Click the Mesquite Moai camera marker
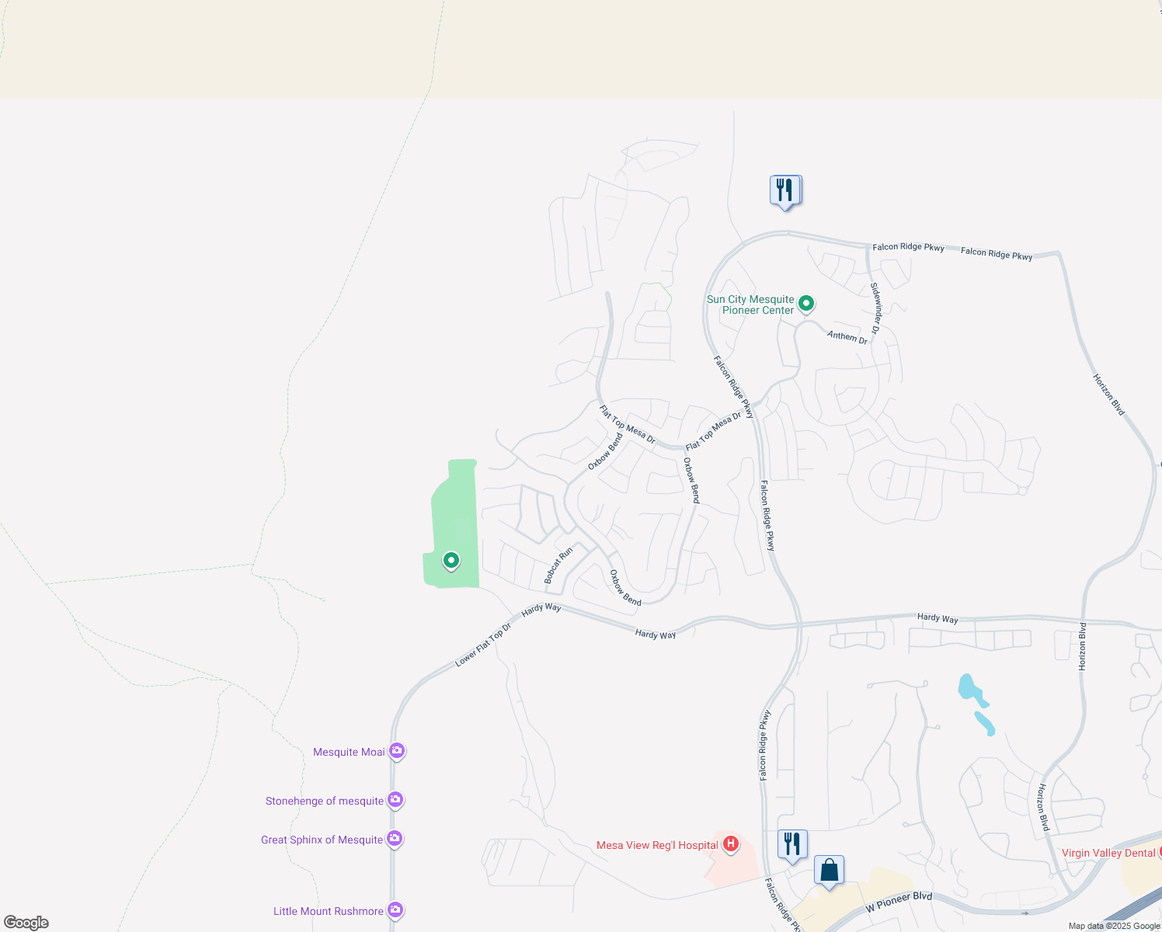click(x=397, y=751)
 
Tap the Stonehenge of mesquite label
click(x=325, y=801)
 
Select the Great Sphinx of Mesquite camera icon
click(x=395, y=838)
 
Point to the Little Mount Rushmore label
click(x=329, y=911)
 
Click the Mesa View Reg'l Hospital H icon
click(x=730, y=843)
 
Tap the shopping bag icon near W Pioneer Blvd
click(x=829, y=871)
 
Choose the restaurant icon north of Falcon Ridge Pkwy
click(x=785, y=190)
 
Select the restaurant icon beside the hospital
click(x=792, y=844)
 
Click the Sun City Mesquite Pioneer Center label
click(x=750, y=304)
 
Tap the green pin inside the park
click(x=451, y=560)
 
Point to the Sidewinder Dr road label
click(x=875, y=308)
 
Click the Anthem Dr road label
click(x=847, y=337)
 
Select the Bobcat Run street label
click(x=558, y=565)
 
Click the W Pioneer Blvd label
click(x=899, y=902)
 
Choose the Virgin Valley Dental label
click(x=1108, y=853)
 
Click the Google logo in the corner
click(x=26, y=923)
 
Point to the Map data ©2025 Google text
click(x=1114, y=926)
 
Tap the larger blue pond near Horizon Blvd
click(x=969, y=688)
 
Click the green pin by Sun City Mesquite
click(x=806, y=303)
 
